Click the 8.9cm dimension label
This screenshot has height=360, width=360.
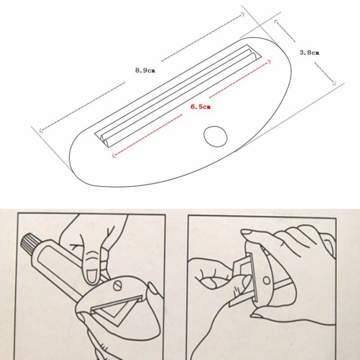click(x=145, y=70)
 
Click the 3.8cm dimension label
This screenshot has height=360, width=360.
click(x=310, y=53)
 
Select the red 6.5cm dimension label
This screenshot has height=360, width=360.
click(x=201, y=107)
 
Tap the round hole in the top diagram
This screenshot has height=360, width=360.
click(x=216, y=136)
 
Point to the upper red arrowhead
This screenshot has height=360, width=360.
click(x=269, y=62)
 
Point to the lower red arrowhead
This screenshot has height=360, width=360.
click(x=114, y=156)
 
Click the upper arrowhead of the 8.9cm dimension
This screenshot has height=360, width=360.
click(x=242, y=15)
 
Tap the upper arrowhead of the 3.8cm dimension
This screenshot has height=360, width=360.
click(x=276, y=22)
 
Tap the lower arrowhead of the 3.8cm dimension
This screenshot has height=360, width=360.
click(x=334, y=83)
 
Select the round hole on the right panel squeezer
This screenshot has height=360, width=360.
click(x=266, y=280)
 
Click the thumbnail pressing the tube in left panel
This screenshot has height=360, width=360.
click(x=92, y=276)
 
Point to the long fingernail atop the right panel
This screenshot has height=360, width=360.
click(x=246, y=232)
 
